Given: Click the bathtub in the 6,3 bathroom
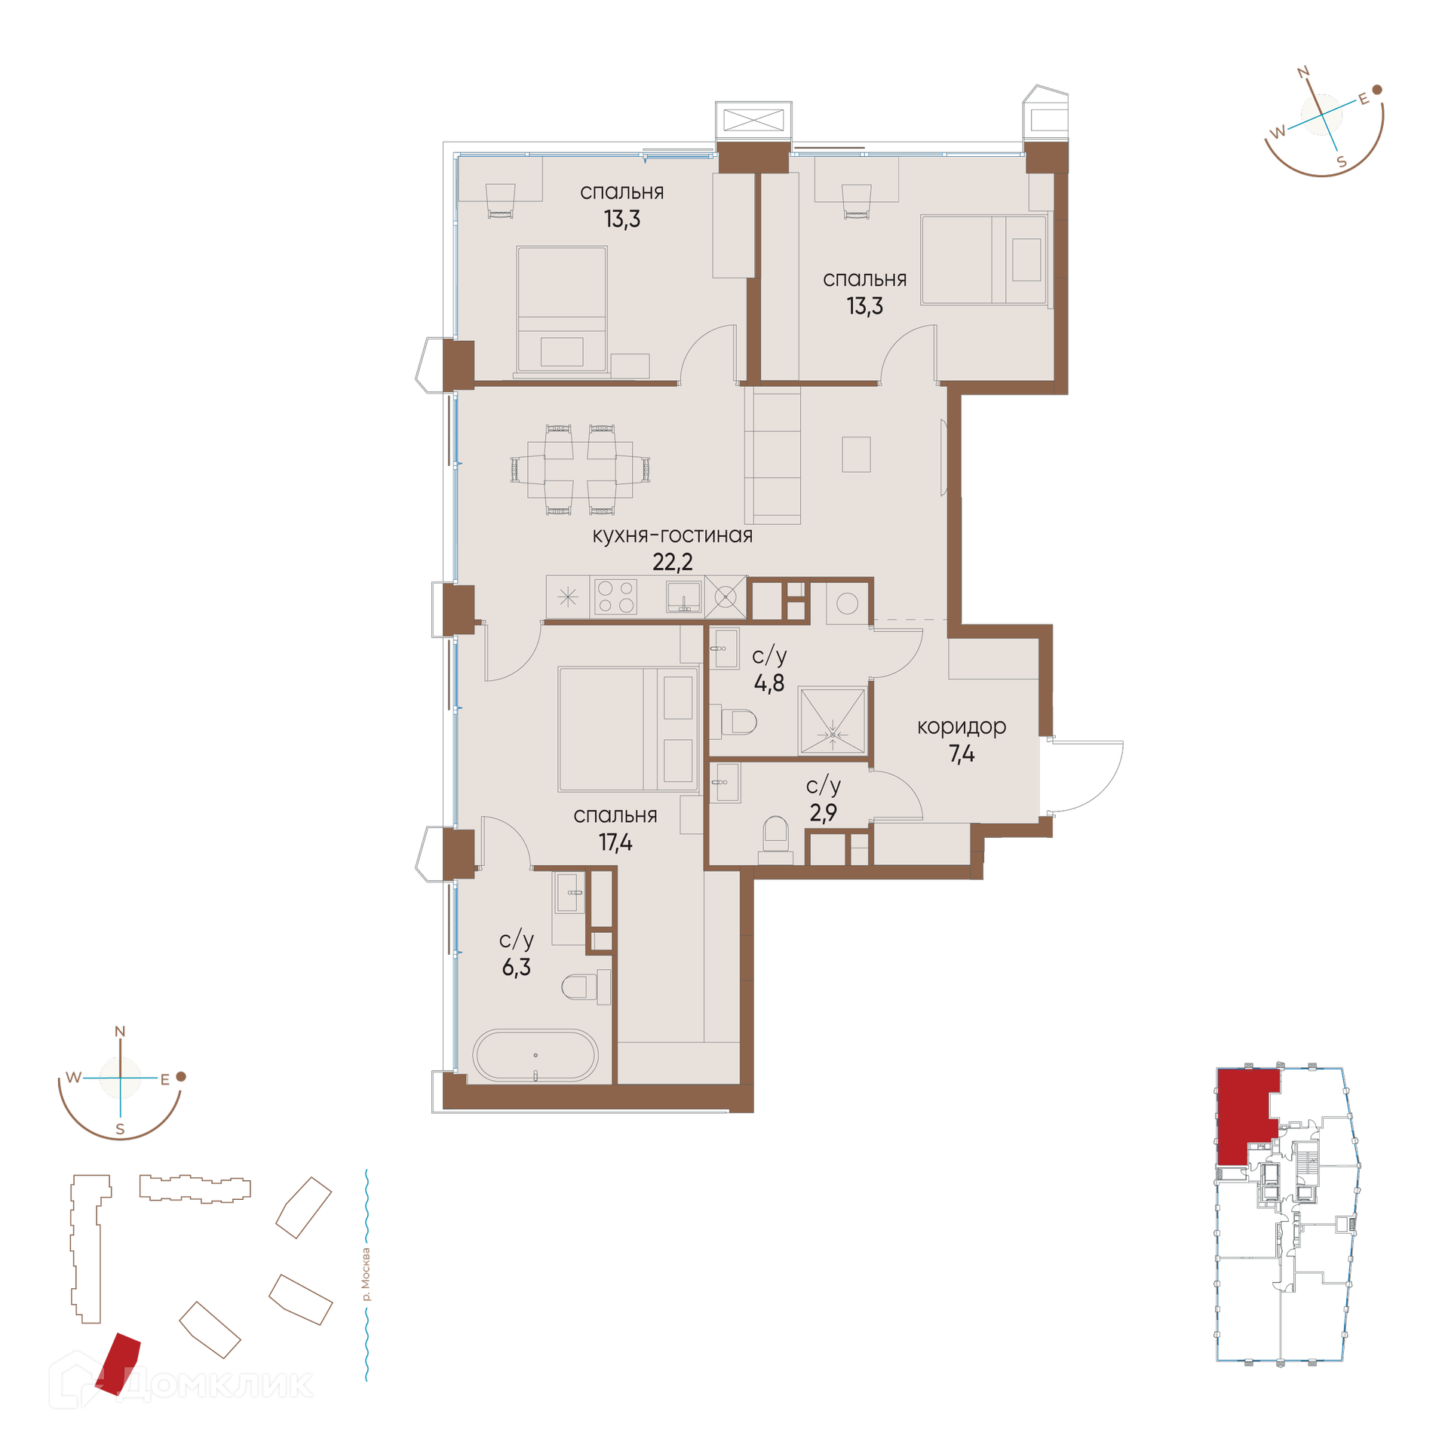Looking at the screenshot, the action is pyautogui.click(x=535, y=1055).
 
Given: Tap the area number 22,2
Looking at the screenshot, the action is pyautogui.click(x=672, y=562).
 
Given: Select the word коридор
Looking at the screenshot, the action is pyautogui.click(x=962, y=726).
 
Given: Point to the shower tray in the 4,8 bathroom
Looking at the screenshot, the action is pyautogui.click(x=832, y=720).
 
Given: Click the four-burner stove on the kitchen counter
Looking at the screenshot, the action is pyautogui.click(x=615, y=597).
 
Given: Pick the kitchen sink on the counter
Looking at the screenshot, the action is pyautogui.click(x=683, y=597).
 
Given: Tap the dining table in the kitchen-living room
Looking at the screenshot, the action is pyautogui.click(x=579, y=469).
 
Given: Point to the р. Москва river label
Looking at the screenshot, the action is pyautogui.click(x=367, y=1275).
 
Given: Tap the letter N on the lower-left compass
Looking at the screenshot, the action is pyautogui.click(x=120, y=1032).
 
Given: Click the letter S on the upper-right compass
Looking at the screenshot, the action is pyautogui.click(x=1342, y=162).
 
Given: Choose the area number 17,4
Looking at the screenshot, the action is pyautogui.click(x=615, y=842).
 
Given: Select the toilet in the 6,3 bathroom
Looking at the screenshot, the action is pyautogui.click(x=586, y=986).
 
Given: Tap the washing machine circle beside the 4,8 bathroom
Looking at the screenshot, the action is pyautogui.click(x=847, y=604).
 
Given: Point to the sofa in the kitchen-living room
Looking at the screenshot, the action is pyautogui.click(x=772, y=455).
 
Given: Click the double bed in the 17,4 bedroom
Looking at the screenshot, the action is pyautogui.click(x=627, y=729).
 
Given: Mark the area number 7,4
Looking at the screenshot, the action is pyautogui.click(x=962, y=753).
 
